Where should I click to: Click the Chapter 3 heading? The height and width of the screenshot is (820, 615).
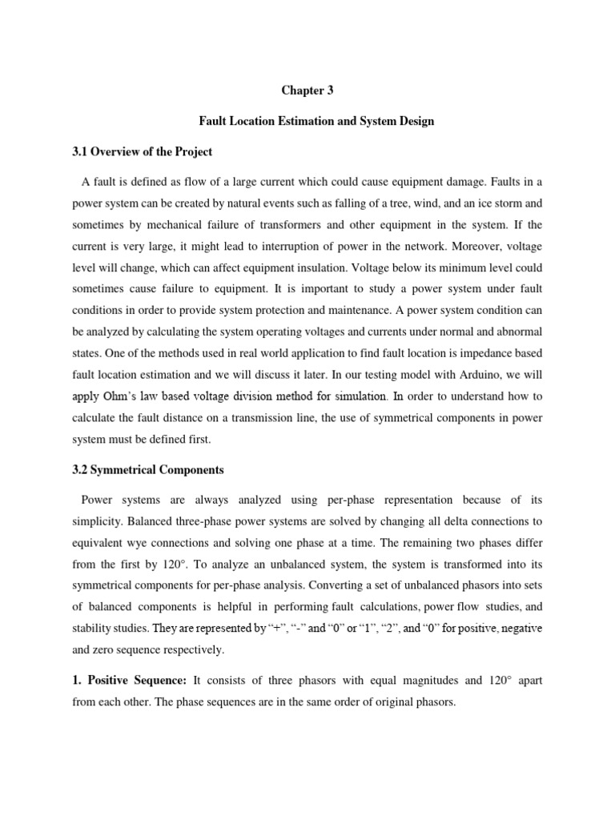(307, 90)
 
